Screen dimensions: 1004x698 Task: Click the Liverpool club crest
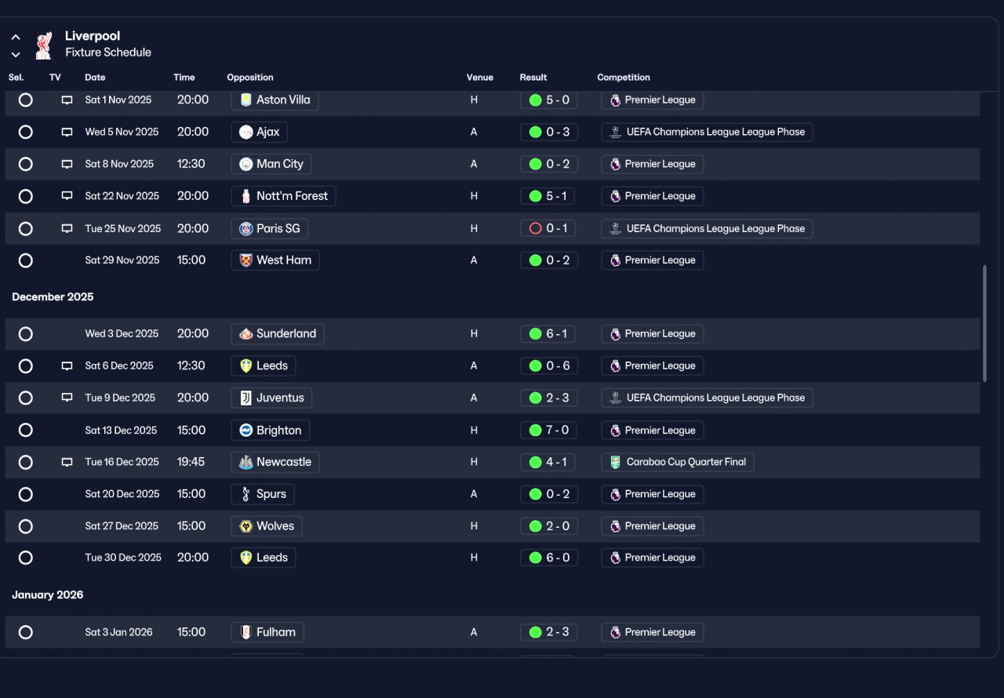pos(43,45)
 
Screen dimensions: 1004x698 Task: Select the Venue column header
pos(479,77)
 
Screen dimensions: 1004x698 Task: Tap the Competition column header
pos(623,77)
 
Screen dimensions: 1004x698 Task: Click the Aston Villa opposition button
pos(275,100)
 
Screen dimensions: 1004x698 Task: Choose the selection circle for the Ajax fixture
pos(26,132)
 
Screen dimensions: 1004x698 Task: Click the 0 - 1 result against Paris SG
pos(547,228)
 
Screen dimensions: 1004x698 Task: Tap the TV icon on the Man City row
pos(67,164)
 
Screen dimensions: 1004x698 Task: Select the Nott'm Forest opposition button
pos(283,196)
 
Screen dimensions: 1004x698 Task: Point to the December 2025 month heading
pos(53,296)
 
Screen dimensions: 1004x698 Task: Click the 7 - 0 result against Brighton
pos(548,430)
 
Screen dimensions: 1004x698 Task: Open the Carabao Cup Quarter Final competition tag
pos(677,462)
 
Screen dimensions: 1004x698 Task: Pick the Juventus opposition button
pos(271,398)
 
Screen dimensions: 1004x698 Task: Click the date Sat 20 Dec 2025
pos(122,494)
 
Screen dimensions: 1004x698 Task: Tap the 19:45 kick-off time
pos(191,462)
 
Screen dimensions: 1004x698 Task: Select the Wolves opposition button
pos(267,526)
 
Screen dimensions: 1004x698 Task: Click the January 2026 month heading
pos(48,594)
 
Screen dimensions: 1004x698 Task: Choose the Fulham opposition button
pos(267,632)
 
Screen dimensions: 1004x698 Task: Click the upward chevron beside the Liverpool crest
pos(16,37)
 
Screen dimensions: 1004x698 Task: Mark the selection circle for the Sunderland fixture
pos(26,334)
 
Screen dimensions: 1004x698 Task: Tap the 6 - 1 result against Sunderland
pos(547,334)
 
